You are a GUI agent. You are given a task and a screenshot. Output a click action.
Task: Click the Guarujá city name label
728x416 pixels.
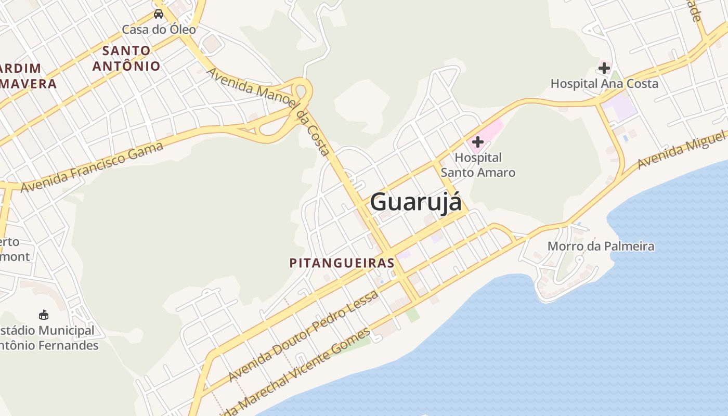(415, 202)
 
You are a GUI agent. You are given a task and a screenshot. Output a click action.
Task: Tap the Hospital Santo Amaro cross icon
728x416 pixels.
(477, 141)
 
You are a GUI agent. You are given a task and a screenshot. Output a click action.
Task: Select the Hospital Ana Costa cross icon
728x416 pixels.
(604, 68)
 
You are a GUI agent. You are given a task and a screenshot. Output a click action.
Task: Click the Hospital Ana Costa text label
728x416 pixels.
(604, 84)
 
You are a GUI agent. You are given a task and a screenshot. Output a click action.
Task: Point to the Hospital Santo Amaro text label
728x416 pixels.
(478, 165)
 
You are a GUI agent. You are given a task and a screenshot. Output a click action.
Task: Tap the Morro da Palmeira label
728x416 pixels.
(601, 246)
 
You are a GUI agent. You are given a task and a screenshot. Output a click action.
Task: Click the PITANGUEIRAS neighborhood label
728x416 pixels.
(342, 263)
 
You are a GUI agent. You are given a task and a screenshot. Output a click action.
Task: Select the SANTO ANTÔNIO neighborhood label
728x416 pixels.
(126, 58)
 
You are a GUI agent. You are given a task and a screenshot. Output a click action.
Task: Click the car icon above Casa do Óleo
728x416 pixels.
(159, 14)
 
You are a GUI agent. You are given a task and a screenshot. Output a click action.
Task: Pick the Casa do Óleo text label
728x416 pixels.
(159, 30)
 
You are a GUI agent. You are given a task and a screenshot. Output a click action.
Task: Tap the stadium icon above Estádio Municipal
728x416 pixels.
(44, 315)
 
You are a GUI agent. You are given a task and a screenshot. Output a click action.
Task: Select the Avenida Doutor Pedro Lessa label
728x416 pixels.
(304, 336)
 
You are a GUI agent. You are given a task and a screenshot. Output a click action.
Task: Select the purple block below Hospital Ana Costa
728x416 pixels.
(620, 108)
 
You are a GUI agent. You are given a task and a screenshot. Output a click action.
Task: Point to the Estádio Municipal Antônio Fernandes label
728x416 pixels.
(47, 338)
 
